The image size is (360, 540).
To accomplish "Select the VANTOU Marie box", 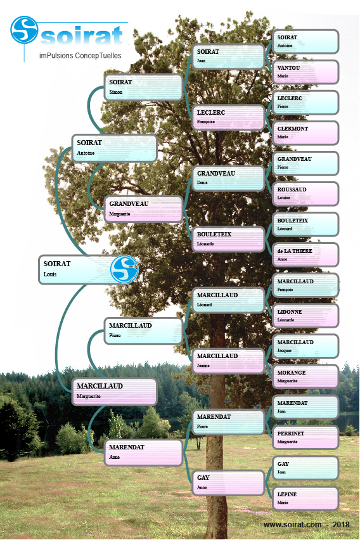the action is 305,72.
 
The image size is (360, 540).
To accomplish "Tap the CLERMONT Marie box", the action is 305,132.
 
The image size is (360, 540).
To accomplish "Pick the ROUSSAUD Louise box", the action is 305,193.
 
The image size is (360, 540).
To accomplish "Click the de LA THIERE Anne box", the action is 305,255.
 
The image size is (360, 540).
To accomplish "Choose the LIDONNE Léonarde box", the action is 305,316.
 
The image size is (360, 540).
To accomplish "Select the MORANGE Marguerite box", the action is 305,376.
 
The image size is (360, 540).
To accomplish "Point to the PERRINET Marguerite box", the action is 305,437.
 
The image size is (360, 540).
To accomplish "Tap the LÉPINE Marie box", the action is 305,498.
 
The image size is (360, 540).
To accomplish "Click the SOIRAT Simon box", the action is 143,87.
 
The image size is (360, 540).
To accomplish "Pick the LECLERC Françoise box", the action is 228,117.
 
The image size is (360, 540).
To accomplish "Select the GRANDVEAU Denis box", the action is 228,178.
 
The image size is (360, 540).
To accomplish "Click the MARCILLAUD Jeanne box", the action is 228,361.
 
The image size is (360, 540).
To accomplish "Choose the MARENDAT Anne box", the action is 143,453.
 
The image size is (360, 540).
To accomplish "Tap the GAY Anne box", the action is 228,483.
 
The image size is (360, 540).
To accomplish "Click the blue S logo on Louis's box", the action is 124,269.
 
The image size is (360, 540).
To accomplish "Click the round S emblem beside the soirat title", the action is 24,30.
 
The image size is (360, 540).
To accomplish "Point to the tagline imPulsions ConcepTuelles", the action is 80,55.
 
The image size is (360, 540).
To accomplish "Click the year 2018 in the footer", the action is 341,525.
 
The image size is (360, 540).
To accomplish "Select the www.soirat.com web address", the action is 292,525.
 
